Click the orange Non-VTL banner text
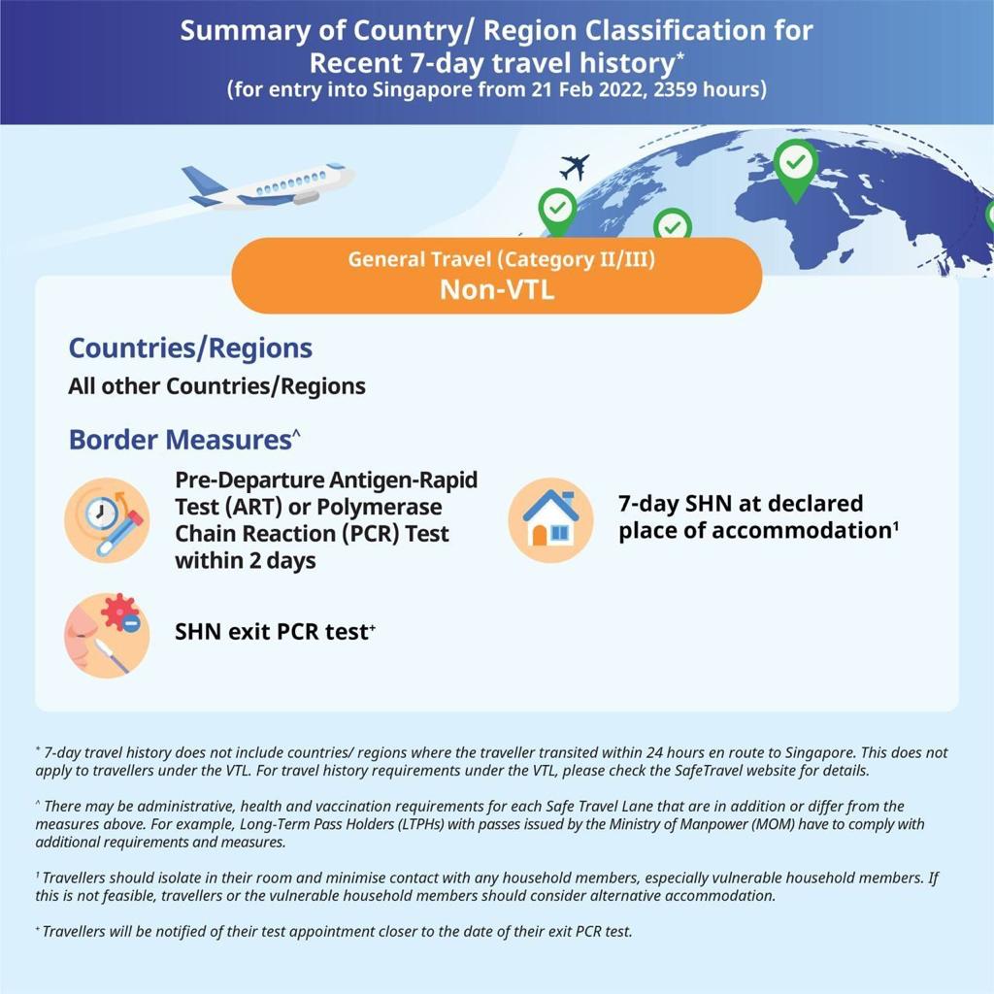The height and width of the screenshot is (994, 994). (x=496, y=289)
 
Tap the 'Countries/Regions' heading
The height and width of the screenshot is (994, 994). (x=190, y=348)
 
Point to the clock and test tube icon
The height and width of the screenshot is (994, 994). (x=107, y=521)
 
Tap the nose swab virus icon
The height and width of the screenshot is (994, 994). (x=107, y=634)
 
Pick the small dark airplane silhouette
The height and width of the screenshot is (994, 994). (x=574, y=167)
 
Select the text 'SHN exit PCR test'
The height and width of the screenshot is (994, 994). (x=272, y=632)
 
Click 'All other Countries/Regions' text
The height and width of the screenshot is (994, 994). (x=216, y=386)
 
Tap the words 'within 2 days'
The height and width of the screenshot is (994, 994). (x=245, y=561)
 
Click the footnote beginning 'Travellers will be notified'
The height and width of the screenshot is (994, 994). (x=335, y=931)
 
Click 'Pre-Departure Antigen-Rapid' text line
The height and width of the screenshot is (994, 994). (x=326, y=480)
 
